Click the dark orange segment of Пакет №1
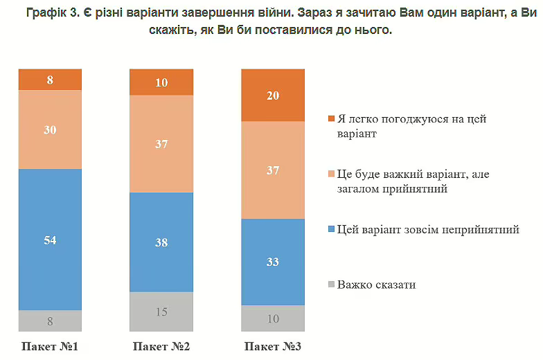pyautogui.click(x=50, y=80)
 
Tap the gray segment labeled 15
pyautogui.click(x=161, y=312)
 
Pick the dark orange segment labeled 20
pyautogui.click(x=272, y=96)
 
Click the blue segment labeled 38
pyautogui.click(x=161, y=242)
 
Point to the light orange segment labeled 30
pyautogui.click(x=50, y=129)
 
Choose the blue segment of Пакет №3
pyautogui.click(x=272, y=262)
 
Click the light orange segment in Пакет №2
pyautogui.click(x=161, y=144)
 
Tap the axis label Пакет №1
pyautogui.click(x=50, y=346)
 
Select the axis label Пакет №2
pyautogui.click(x=161, y=346)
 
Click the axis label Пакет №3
pyautogui.click(x=272, y=346)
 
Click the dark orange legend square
pyautogui.click(x=331, y=119)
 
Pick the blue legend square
pyautogui.click(x=331, y=230)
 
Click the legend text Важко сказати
pyautogui.click(x=377, y=285)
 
